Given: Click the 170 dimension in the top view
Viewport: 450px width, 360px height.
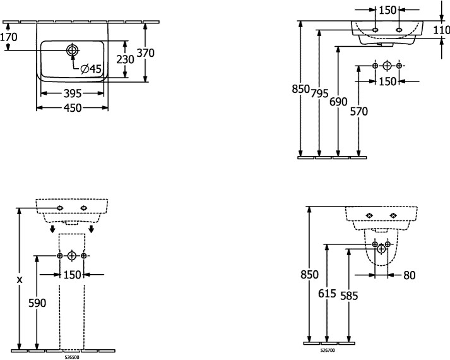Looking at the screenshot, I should tap(9, 37).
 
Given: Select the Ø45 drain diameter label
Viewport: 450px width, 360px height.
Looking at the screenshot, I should tap(91, 68).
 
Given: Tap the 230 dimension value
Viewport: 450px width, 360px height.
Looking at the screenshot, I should tap(126, 59).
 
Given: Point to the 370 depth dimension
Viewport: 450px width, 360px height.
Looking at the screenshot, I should tap(145, 53).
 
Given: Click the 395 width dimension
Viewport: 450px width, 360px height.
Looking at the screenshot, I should tap(71, 93).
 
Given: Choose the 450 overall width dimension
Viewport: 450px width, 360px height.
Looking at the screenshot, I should tap(71, 108).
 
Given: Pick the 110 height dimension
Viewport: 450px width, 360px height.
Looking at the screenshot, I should tap(442, 29).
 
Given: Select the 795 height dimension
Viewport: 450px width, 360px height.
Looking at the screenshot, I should tap(321, 93).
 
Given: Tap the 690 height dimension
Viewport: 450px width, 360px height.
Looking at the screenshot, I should tap(340, 101).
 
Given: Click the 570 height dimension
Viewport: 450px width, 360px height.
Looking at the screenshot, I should tap(358, 111).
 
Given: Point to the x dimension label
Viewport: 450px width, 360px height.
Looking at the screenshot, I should tap(20, 279).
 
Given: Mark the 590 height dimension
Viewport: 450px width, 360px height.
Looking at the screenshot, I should tap(38, 303).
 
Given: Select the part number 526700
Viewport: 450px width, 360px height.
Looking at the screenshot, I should tap(327, 349).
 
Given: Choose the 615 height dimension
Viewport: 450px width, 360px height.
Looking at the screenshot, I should tap(326, 293).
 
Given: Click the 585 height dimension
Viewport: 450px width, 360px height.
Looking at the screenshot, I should tap(348, 295).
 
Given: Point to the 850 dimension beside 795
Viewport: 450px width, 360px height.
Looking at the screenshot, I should tap(302, 90).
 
